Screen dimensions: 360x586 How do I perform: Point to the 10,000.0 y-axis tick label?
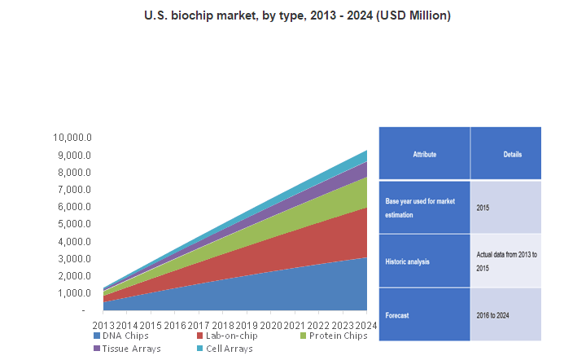[72, 138]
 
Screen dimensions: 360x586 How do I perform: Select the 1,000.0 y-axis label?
[74, 293]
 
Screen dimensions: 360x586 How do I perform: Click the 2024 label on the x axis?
[366, 325]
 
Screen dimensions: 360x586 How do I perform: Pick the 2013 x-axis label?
[103, 325]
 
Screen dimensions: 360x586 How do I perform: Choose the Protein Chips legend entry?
[334, 336]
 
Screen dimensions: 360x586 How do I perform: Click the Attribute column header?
[425, 154]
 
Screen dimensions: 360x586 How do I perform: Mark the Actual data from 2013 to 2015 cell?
[505, 261]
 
